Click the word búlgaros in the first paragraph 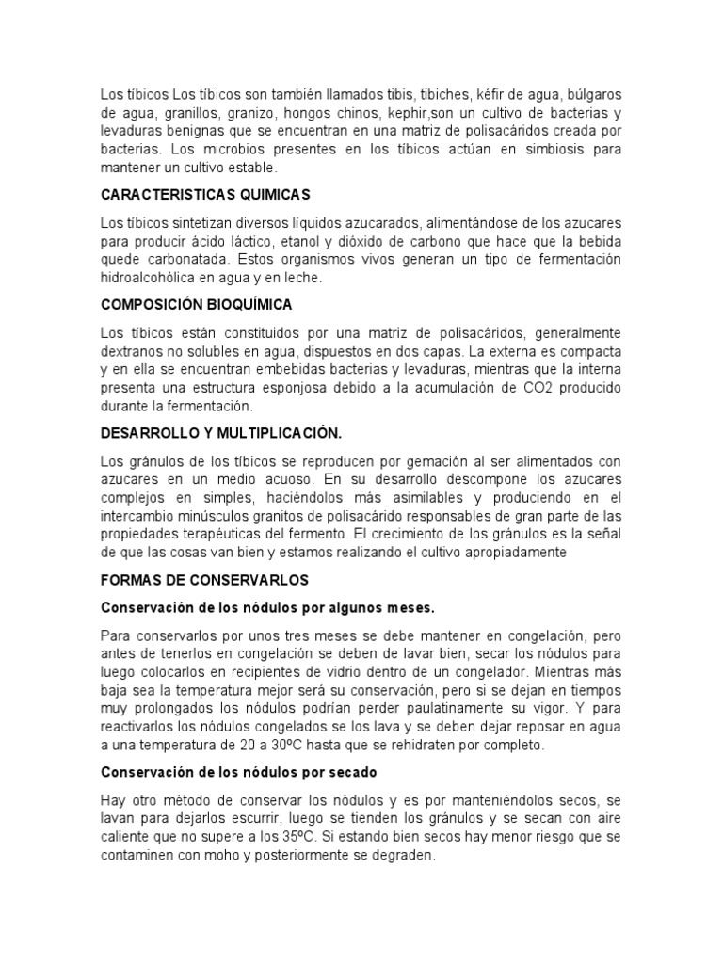[587, 96]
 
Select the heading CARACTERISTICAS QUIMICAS [205, 195]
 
